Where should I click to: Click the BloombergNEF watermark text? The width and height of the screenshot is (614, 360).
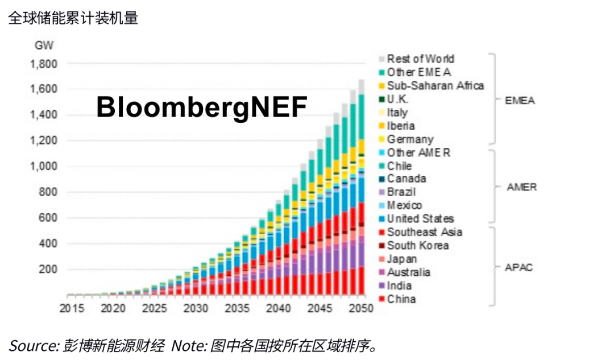202,107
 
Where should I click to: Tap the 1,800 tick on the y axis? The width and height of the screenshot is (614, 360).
44,64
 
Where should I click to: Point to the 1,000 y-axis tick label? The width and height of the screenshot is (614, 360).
44,167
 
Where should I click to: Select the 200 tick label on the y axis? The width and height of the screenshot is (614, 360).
48,269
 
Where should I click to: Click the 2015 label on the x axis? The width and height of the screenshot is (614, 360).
72,309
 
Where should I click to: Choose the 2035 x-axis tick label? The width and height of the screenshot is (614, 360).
237,309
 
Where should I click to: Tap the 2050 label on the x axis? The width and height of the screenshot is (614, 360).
360,309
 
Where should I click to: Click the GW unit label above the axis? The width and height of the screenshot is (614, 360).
44,46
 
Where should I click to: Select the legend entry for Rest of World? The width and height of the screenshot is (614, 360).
420,59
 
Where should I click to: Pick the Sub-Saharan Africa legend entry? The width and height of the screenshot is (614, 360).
435,85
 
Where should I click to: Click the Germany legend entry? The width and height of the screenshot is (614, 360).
410,139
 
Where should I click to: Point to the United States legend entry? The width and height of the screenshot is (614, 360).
420,219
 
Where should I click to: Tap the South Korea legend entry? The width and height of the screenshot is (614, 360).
417,246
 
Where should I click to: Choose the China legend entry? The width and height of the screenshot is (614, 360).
401,299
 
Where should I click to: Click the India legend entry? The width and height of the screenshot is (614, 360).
399,286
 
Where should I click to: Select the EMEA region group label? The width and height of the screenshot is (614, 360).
520,101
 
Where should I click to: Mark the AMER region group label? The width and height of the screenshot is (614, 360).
521,187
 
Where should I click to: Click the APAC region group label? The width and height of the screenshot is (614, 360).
519,267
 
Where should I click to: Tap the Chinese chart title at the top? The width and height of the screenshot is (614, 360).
73,18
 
